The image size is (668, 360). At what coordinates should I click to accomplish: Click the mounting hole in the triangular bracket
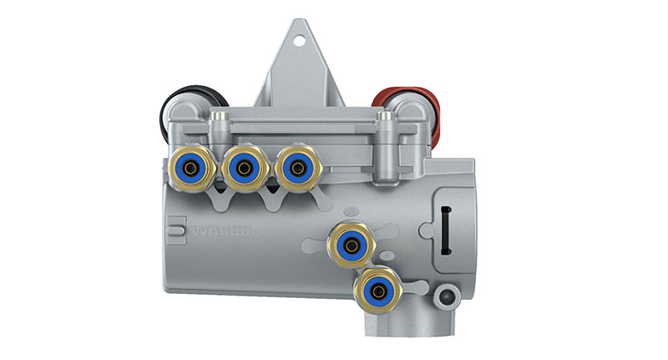[300, 41]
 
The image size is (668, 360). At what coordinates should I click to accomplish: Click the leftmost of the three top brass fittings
[192, 168]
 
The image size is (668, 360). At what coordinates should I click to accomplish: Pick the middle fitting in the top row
[245, 169]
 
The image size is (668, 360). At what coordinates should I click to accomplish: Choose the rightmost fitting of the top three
[297, 168]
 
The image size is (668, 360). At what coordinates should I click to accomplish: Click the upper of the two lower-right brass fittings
[352, 246]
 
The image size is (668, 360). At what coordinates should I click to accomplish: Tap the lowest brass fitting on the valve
[378, 292]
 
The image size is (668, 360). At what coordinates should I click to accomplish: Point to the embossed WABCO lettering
[222, 231]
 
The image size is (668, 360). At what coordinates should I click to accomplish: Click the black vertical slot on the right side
[446, 231]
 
